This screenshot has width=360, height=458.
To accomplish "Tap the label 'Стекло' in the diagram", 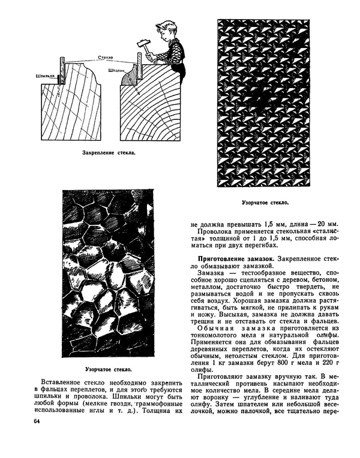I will tap(106, 58).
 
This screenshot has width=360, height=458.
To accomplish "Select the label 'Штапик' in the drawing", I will tap(117, 70).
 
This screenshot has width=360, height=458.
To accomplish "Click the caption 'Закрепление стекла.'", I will tap(109, 153).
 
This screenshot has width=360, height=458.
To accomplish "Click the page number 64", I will tap(37, 423).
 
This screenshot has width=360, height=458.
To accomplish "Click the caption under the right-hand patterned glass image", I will tap(265, 203).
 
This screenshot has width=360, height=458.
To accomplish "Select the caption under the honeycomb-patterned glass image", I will tap(110, 369).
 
